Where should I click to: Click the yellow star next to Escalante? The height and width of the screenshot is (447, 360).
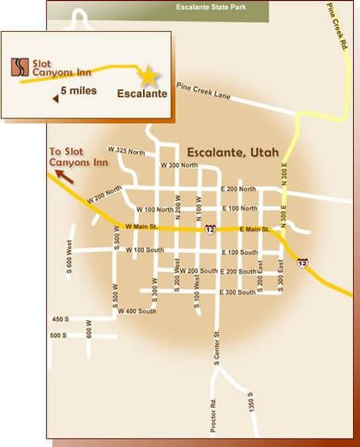pos(149,76)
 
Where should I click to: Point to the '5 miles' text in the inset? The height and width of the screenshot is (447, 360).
pos(79,90)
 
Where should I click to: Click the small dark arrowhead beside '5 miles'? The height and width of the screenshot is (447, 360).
pos(56,99)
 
